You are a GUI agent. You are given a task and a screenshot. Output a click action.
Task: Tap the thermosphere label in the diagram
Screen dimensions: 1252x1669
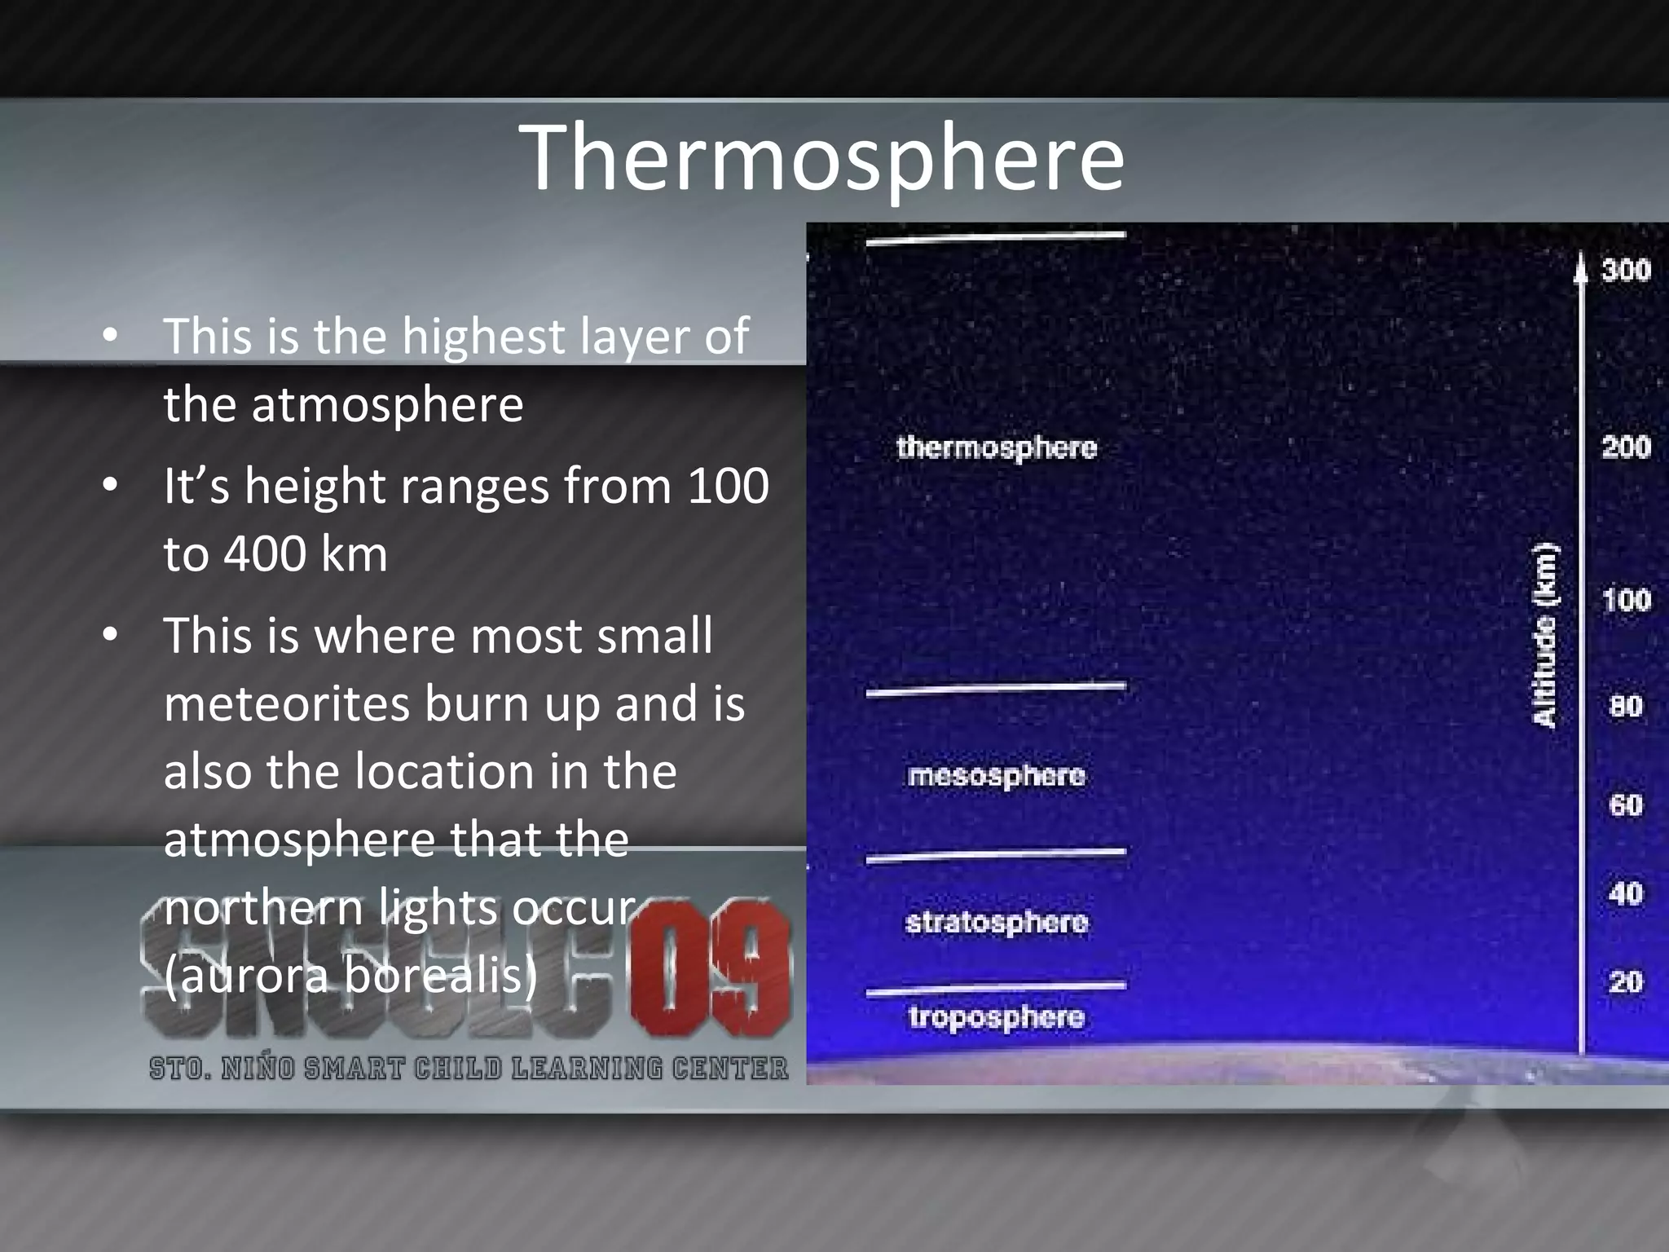pos(996,447)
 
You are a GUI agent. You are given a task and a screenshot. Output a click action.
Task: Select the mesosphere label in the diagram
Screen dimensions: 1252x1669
pos(996,775)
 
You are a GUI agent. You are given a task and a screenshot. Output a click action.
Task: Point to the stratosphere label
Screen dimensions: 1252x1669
pos(996,922)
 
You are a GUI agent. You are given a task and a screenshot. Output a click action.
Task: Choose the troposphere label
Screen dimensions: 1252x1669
pos(996,1017)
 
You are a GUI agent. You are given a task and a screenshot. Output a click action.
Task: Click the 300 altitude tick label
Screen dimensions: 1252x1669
pos(1625,270)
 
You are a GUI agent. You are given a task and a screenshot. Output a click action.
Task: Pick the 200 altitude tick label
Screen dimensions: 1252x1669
pos(1625,447)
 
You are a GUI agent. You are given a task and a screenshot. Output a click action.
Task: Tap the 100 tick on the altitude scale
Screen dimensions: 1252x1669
pos(1625,601)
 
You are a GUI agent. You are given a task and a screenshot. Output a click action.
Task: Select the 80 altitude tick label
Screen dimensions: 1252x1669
pos(1625,706)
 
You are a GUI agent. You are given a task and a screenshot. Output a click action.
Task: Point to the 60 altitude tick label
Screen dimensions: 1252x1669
pos(1625,805)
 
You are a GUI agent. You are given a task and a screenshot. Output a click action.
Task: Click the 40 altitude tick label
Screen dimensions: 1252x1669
pos(1625,894)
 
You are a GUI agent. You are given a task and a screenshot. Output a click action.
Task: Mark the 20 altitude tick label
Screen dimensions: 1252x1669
pos(1625,981)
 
